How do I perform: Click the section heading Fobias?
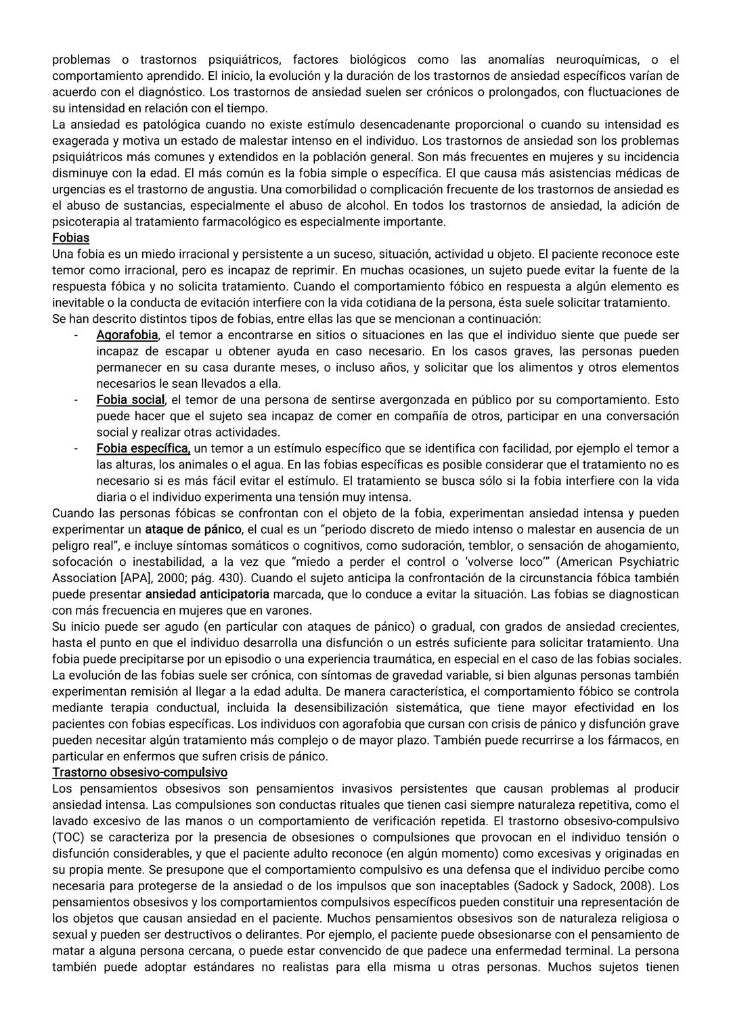[70, 238]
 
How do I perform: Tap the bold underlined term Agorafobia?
[127, 335]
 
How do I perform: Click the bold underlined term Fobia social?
[131, 399]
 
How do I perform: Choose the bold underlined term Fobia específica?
[143, 448]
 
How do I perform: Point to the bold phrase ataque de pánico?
[193, 529]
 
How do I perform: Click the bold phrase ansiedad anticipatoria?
[207, 594]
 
